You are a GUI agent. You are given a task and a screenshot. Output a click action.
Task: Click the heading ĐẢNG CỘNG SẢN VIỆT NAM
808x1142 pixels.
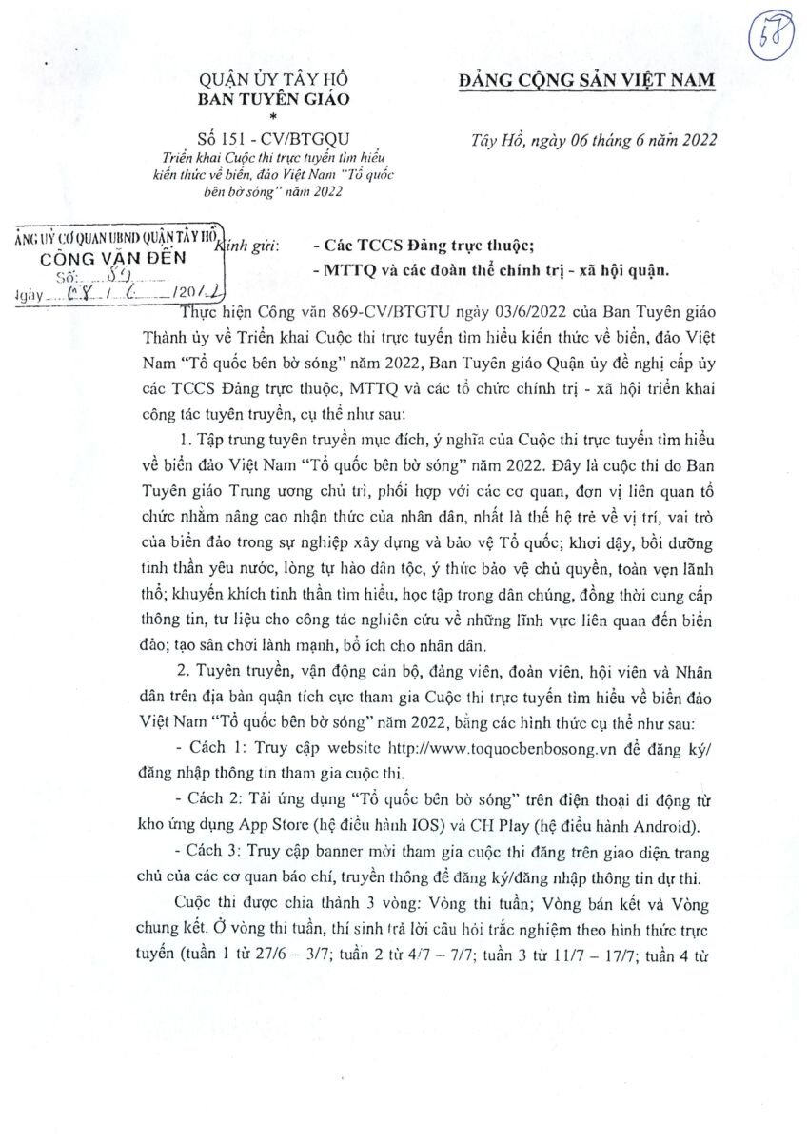[x=586, y=82]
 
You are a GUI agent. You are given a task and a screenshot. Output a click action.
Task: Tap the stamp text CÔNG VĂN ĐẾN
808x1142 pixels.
[x=113, y=258]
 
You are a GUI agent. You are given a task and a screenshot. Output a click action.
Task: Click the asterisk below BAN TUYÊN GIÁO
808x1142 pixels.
[x=273, y=116]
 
